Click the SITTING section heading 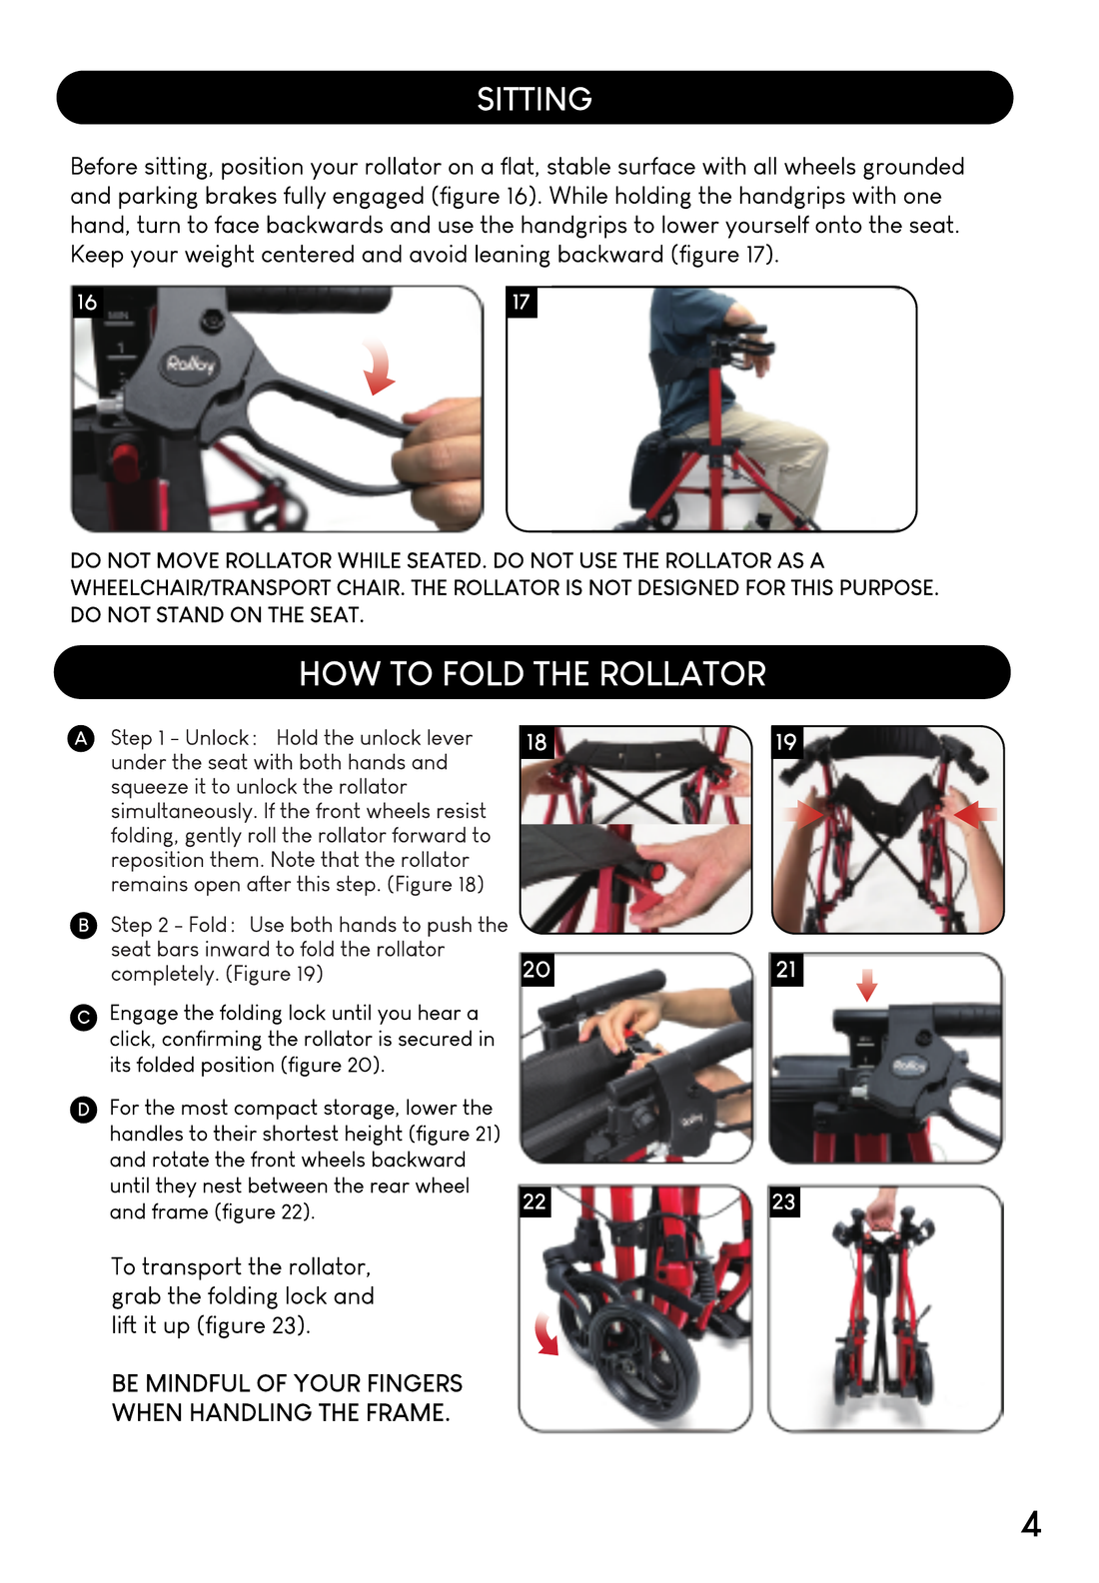tap(535, 99)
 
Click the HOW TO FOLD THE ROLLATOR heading tap(533, 673)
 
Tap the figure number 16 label tap(87, 303)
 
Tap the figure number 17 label tap(522, 303)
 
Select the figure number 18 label tap(537, 742)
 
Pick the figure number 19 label tap(786, 742)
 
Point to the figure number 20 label tap(537, 969)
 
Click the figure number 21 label tap(786, 969)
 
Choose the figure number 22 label tap(535, 1201)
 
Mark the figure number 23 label tap(784, 1201)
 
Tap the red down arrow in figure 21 tap(867, 985)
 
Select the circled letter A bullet tap(82, 738)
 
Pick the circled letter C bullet tap(83, 1018)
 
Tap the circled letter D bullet tap(83, 1110)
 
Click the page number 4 tap(1031, 1524)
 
